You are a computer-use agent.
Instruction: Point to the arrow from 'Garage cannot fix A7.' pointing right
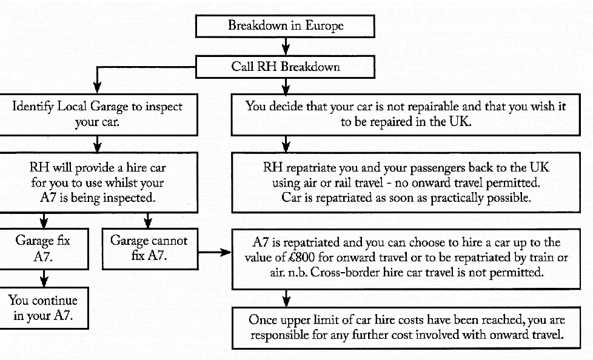(x=215, y=252)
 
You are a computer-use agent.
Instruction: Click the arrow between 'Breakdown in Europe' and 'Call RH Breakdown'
(x=286, y=47)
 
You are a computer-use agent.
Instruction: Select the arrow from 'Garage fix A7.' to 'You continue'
(x=44, y=278)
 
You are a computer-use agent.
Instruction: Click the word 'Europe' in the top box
(x=324, y=25)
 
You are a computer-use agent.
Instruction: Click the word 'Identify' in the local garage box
(x=33, y=107)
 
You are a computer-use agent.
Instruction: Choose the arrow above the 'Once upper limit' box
(x=286, y=298)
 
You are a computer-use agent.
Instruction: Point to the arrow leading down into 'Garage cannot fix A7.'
(x=148, y=221)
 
